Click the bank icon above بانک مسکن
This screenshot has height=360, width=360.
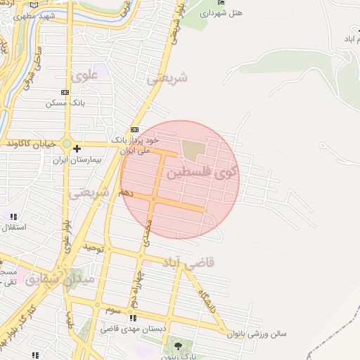pos(65,92)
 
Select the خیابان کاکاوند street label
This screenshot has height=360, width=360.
pos(30,144)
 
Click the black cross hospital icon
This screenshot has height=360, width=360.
pos(77,148)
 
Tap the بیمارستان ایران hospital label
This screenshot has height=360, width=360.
pos(78,159)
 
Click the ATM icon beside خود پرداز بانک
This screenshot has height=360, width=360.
pos(134,130)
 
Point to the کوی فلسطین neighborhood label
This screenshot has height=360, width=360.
pos(201,171)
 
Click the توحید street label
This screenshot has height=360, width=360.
pos(94,247)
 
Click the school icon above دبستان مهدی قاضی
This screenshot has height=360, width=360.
pos(133,318)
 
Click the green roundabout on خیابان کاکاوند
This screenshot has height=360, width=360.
pos(66,145)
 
